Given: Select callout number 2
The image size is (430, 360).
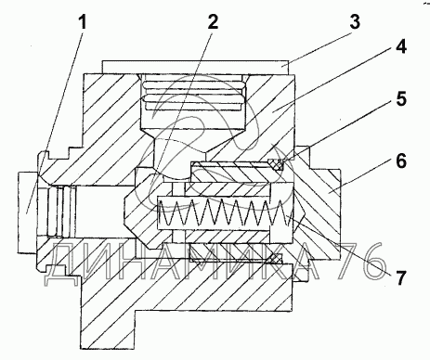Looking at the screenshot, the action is coord(213,21).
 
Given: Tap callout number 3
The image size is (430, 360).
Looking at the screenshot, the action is coord(355,22).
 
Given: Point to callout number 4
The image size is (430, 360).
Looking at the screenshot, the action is coord(400,47).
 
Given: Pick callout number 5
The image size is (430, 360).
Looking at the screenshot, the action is coord(400,99).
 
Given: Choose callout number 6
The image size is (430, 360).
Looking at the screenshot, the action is coord(401,161).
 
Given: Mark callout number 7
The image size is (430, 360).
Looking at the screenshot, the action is coord(400,277).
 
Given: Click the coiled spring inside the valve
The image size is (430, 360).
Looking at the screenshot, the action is coord(224,212).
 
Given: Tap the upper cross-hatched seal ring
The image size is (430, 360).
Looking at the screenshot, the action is coord(275,164).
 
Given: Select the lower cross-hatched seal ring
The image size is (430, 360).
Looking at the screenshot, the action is coord(275,259).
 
